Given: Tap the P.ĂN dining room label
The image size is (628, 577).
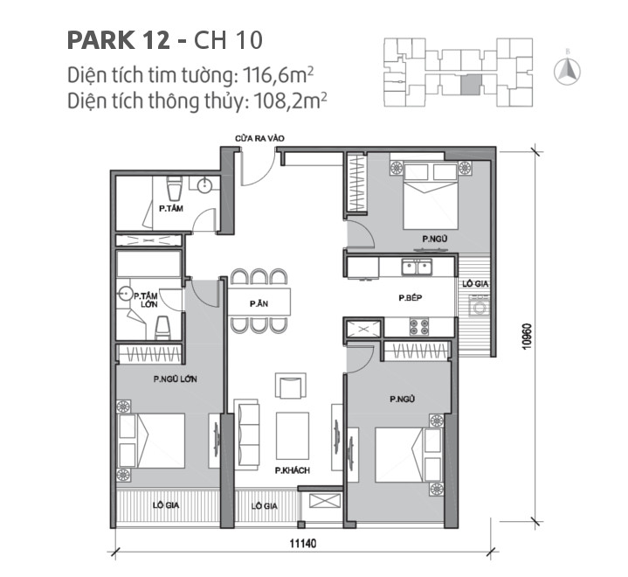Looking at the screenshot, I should click(x=258, y=302).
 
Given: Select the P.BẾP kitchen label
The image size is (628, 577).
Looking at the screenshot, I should click(x=411, y=299).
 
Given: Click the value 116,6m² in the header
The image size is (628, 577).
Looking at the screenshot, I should click(x=274, y=74).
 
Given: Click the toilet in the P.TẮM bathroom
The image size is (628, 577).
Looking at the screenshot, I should click(x=173, y=188).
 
